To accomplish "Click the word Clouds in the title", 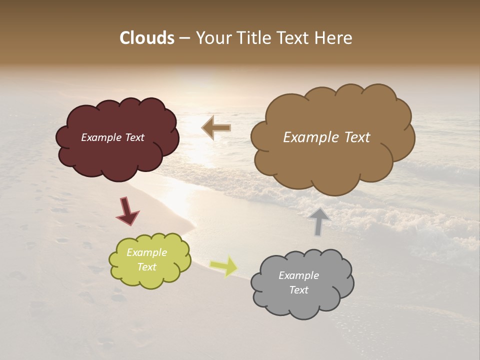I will pos(147,38).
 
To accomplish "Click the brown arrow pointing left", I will pos(216,127).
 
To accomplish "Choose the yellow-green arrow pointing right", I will pos(224,266).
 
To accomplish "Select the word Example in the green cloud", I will pos(146,252).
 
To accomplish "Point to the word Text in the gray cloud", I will pos(298,290).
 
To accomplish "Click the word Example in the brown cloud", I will pos(308,137).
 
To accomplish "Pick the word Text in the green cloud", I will pos(146,267).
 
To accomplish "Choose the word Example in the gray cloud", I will pos(298,275).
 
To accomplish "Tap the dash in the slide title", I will pos(184,38).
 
